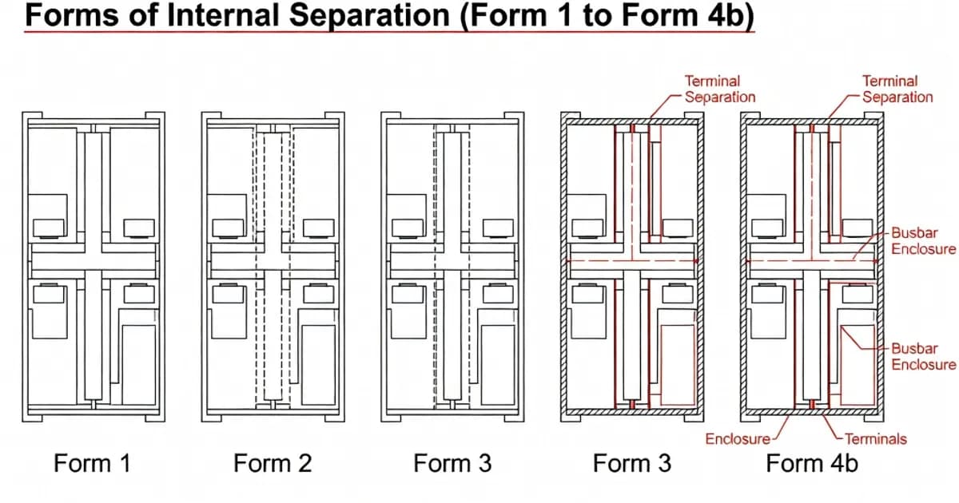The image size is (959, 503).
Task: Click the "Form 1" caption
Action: (91, 463)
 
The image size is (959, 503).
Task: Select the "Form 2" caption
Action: (272, 463)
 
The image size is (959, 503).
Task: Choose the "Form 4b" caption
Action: (811, 463)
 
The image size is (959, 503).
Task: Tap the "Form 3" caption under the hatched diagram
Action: (632, 463)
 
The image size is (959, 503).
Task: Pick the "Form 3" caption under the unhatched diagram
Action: (452, 463)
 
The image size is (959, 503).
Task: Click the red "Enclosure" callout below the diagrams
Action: (737, 438)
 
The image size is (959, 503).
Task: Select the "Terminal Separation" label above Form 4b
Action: (897, 89)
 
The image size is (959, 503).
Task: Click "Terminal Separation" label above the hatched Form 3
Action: (719, 89)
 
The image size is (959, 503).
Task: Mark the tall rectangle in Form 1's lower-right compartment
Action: (139, 363)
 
